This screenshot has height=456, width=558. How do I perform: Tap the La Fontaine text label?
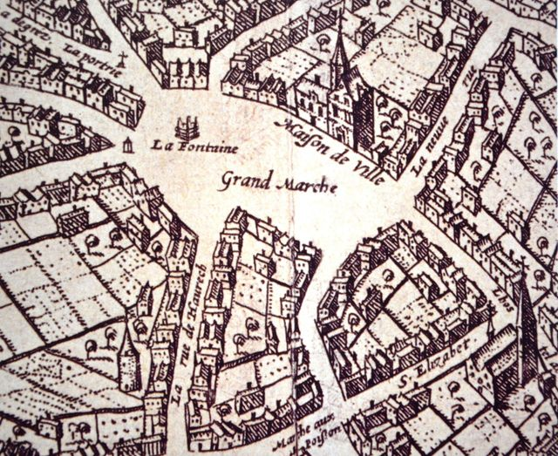194,146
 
